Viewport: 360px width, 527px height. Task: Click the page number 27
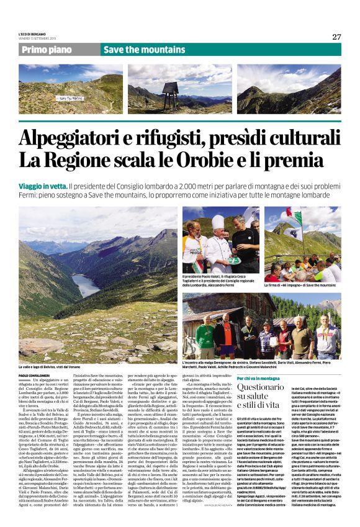tap(336, 37)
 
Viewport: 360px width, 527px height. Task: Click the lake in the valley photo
tap(85, 286)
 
